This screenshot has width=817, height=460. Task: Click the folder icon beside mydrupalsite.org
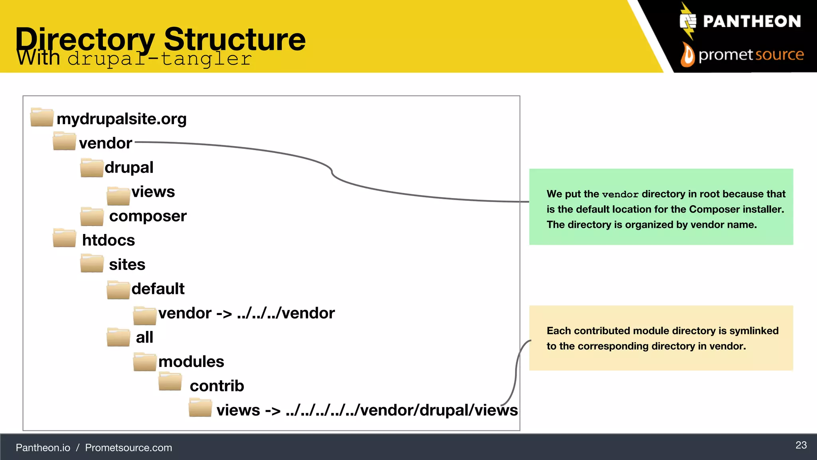coord(42,117)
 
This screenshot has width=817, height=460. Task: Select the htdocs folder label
coord(109,240)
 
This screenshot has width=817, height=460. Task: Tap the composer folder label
coord(148,216)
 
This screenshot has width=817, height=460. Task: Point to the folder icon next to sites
coord(92,264)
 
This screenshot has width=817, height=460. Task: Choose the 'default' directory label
coord(158,289)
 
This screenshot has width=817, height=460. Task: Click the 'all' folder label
coord(144,337)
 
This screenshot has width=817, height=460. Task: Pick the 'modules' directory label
coord(191,362)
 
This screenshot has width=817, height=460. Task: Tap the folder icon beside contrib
coord(170,382)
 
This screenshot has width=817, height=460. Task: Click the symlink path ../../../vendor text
coord(286,313)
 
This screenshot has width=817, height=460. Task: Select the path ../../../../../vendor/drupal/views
coord(402,410)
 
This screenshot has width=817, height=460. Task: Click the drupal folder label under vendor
coord(129,168)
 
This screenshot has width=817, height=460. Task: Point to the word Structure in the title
coord(235,40)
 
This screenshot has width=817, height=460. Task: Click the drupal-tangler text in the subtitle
coord(160,59)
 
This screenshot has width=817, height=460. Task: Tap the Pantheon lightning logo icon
coord(688,21)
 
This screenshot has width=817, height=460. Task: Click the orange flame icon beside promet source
coord(687,55)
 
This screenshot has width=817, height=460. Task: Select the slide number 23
coord(801,445)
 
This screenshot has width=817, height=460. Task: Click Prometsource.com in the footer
coord(128,448)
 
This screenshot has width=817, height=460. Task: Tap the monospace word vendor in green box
coord(620,195)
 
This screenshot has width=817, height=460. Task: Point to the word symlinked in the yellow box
coord(754,331)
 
